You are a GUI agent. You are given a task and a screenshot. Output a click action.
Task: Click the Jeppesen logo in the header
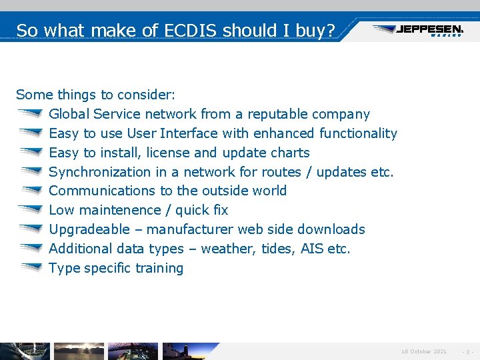pos(418,30)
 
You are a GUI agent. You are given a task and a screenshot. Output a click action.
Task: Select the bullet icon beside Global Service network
pos(30,114)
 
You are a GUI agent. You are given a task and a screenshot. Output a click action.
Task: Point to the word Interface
pos(187,133)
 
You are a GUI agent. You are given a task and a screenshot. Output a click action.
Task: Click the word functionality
pos(358,133)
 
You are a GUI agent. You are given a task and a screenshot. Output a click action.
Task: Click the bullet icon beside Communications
pos(30,191)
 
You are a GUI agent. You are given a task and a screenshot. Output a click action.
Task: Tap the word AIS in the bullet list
pos(312,249)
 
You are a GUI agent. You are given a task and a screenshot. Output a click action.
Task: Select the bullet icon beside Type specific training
pos(30,268)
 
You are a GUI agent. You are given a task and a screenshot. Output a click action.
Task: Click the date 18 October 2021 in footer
pos(424,351)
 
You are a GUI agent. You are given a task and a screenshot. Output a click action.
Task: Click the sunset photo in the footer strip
pos(79,351)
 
